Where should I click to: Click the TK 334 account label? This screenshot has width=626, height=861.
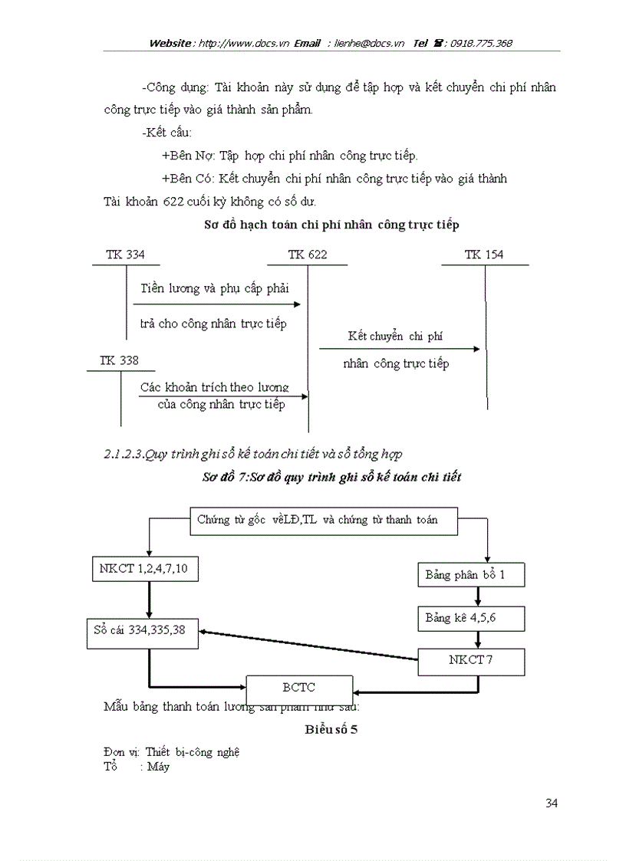[x=126, y=255]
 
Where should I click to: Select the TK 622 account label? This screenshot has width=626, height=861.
[x=307, y=255]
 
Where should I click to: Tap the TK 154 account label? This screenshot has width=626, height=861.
[x=484, y=255]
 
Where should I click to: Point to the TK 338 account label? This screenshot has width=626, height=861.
[x=119, y=360]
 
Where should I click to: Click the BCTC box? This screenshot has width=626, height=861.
[x=299, y=688]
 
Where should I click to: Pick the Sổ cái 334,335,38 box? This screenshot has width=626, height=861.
[x=142, y=630]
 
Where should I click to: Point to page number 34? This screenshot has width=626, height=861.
[x=551, y=803]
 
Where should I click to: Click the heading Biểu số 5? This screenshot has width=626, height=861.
[x=331, y=729]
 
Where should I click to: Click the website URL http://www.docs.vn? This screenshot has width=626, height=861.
[x=243, y=44]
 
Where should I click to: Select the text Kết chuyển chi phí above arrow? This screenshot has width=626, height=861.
[x=395, y=336]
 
